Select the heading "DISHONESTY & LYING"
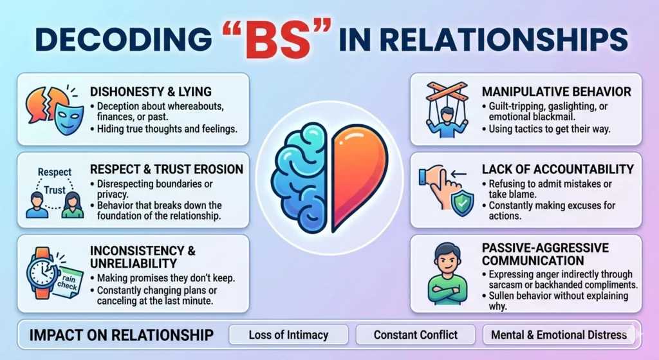[151, 91]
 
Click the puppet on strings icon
[447, 109]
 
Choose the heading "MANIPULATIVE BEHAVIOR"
[557, 91]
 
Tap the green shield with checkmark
[462, 203]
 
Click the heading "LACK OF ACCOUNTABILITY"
[558, 169]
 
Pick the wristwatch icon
[42, 273]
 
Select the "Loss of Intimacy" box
[288, 335]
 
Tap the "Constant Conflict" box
[416, 335]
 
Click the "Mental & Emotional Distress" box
[559, 335]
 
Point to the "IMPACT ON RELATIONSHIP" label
[122, 335]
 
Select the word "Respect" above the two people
[55, 172]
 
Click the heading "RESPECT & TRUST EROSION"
[167, 169]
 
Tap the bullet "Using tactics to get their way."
[546, 129]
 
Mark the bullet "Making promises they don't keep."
[162, 278]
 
